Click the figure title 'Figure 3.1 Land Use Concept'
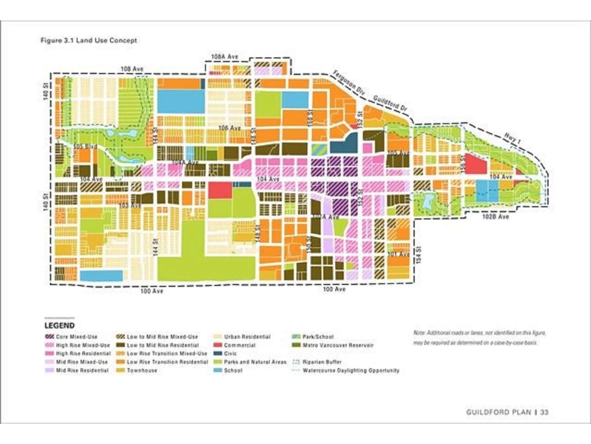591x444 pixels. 88,40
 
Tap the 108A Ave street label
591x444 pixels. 224,57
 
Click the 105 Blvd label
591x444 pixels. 85,147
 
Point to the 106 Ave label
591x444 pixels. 229,128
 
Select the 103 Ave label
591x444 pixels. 130,206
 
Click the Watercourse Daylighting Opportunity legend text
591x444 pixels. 351,371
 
